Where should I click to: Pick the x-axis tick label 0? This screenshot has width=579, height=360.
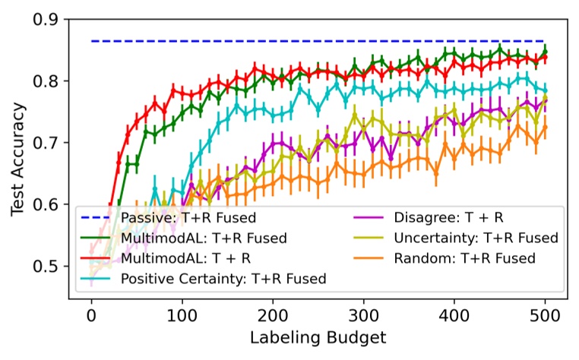(x=92, y=315)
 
